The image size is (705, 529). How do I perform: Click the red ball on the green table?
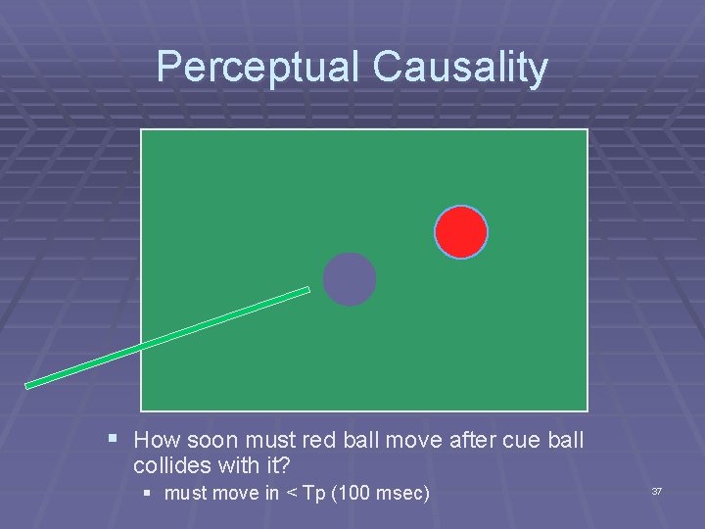(x=460, y=232)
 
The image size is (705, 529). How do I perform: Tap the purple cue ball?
(x=350, y=279)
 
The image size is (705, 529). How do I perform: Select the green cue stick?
(x=166, y=338)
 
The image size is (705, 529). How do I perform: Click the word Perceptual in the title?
(x=258, y=68)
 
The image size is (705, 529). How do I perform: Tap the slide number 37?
(x=657, y=491)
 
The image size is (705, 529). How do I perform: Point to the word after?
(x=475, y=441)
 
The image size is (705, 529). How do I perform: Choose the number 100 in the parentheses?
(x=356, y=493)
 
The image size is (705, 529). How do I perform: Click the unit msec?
(x=401, y=493)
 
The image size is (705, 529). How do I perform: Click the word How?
(x=156, y=441)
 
